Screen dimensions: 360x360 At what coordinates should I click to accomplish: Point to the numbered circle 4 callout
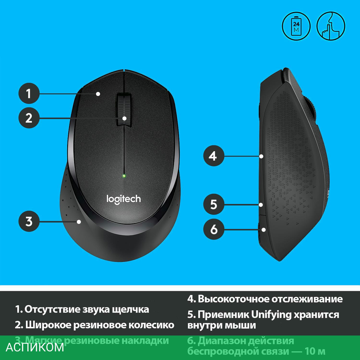[213, 156]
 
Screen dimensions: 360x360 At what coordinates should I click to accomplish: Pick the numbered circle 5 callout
[213, 204]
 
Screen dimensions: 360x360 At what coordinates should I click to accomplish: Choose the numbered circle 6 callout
[213, 229]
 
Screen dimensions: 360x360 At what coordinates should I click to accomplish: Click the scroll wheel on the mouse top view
[123, 109]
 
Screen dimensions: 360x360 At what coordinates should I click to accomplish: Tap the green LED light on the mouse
[123, 176]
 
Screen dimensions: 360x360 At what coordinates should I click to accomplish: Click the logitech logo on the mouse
[123, 198]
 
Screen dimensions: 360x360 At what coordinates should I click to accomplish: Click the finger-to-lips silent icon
[330, 26]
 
